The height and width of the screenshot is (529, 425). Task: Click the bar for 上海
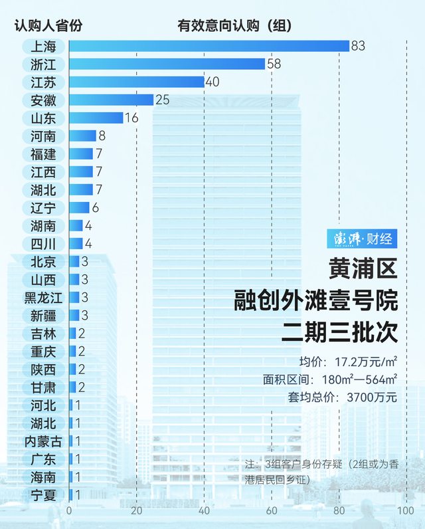[x=209, y=46]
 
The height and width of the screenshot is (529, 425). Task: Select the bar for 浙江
[x=167, y=64]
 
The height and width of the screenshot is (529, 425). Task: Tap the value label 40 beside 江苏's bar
[x=212, y=82]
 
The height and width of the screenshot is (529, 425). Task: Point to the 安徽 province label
[x=43, y=100]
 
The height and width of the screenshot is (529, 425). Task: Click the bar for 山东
[x=96, y=118]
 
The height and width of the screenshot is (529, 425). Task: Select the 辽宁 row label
[x=43, y=207]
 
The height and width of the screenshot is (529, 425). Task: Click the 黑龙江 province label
[x=43, y=297]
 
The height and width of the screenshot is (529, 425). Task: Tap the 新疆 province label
[x=43, y=315]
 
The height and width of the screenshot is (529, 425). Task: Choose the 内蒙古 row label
[x=43, y=441]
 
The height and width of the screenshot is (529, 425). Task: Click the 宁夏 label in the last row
[x=43, y=494]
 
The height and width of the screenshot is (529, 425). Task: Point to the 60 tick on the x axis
[x=271, y=510]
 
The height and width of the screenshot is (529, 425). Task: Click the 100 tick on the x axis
[x=405, y=510]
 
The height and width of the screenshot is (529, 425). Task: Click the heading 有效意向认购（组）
[x=236, y=27]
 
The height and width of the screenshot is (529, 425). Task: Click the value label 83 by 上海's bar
[x=359, y=46]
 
